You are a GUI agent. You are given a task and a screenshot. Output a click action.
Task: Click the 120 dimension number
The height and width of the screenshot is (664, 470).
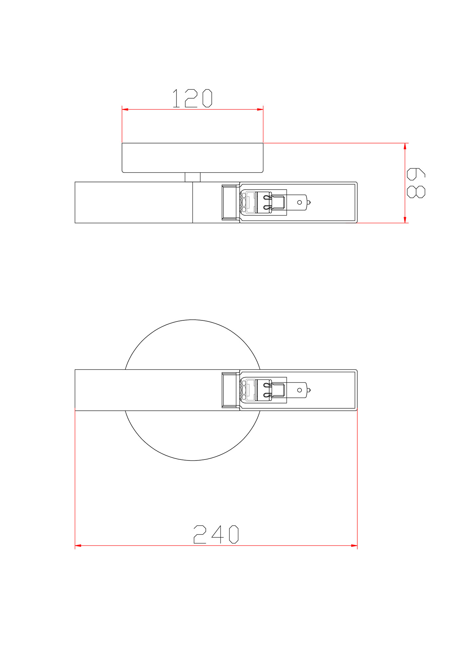pos(192,98)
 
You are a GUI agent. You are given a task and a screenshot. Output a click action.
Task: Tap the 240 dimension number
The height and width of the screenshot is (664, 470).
pos(216,534)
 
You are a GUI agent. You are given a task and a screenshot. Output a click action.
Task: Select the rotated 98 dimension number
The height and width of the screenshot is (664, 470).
pos(416,183)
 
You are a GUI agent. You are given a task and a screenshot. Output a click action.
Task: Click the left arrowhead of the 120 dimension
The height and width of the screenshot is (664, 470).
pos(125,109)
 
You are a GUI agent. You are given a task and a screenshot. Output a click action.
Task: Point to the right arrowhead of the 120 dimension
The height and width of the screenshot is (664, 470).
pos(260,109)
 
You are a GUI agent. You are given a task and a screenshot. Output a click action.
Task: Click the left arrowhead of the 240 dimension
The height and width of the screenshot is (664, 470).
pos(78,545)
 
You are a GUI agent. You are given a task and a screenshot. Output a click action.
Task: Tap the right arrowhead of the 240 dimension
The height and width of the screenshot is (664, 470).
pos(354,545)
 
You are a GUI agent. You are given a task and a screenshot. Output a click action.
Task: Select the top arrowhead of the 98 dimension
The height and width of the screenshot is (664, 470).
pos(405,146)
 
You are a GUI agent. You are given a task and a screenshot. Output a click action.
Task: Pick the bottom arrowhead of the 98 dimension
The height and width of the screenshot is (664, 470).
pos(405,220)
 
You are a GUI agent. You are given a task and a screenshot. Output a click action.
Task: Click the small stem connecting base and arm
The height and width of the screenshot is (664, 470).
pos(193,177)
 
